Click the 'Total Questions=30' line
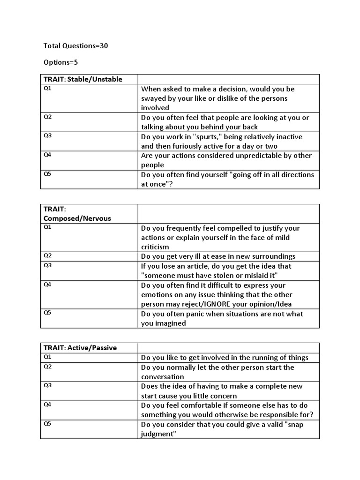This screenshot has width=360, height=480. point(76,46)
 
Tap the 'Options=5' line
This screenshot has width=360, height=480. point(63,62)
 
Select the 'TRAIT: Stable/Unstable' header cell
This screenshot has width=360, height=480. point(83,79)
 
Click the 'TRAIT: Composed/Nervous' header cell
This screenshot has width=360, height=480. point(77,214)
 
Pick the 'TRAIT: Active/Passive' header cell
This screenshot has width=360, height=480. point(80,348)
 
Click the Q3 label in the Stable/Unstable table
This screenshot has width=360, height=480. point(48,135)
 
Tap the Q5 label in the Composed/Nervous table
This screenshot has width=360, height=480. point(48,312)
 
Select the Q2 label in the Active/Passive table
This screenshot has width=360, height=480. point(48,366)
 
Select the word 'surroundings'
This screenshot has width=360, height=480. point(274,256)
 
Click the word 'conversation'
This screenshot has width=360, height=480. point(163,377)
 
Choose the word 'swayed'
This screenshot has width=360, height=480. point(153,98)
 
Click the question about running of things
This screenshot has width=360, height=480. point(225,358)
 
